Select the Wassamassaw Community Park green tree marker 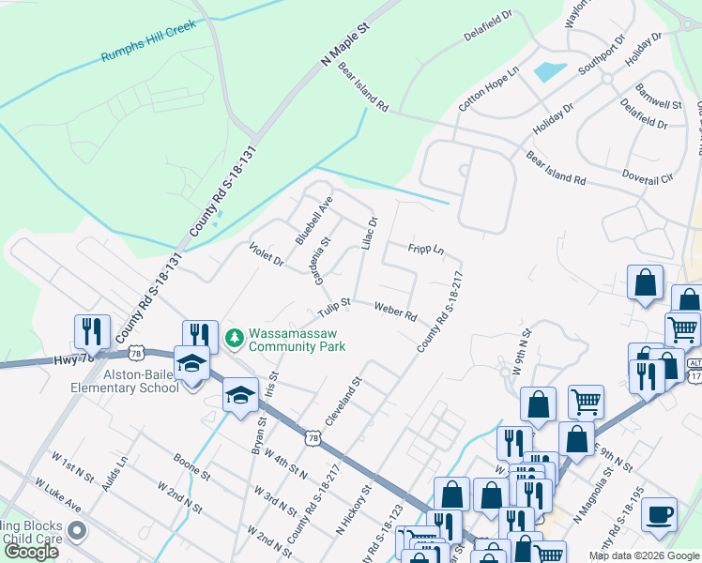pos(235,335)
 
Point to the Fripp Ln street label pos(425,250)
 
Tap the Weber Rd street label pos(395,311)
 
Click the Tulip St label pos(333,307)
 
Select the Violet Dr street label pos(267,253)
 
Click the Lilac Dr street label pos(369,234)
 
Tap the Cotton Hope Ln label pos(488,90)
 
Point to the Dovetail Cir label pos(648,176)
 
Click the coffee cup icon pos(659,513)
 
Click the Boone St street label pos(191,468)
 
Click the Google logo pos(30,552)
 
